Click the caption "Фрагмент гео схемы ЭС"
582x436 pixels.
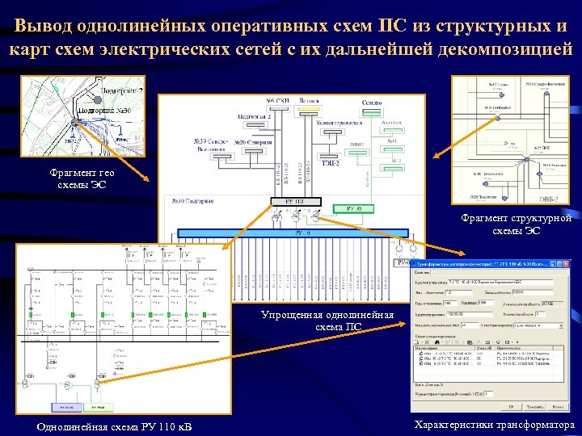pyautogui.click(x=82, y=178)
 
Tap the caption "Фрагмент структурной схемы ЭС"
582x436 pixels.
pyautogui.click(x=517, y=224)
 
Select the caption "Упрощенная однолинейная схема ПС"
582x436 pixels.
pyautogui.click(x=327, y=321)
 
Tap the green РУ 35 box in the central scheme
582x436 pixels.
pyautogui.click(x=356, y=209)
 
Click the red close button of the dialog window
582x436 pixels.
pyautogui.click(x=565, y=264)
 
